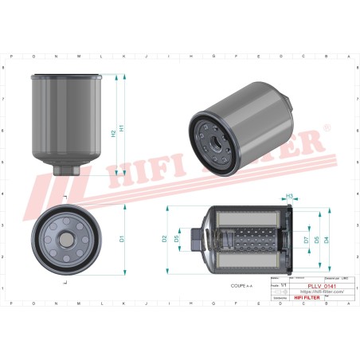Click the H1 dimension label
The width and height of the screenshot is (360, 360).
121,127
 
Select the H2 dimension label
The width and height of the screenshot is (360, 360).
113,134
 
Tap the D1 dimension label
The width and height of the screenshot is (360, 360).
121,237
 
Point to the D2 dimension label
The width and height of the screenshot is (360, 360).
165,237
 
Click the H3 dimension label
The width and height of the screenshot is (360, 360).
290,197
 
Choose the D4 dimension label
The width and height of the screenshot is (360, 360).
326,238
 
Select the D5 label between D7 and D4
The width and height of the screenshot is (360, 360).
316,238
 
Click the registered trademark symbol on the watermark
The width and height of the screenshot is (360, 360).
325,127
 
